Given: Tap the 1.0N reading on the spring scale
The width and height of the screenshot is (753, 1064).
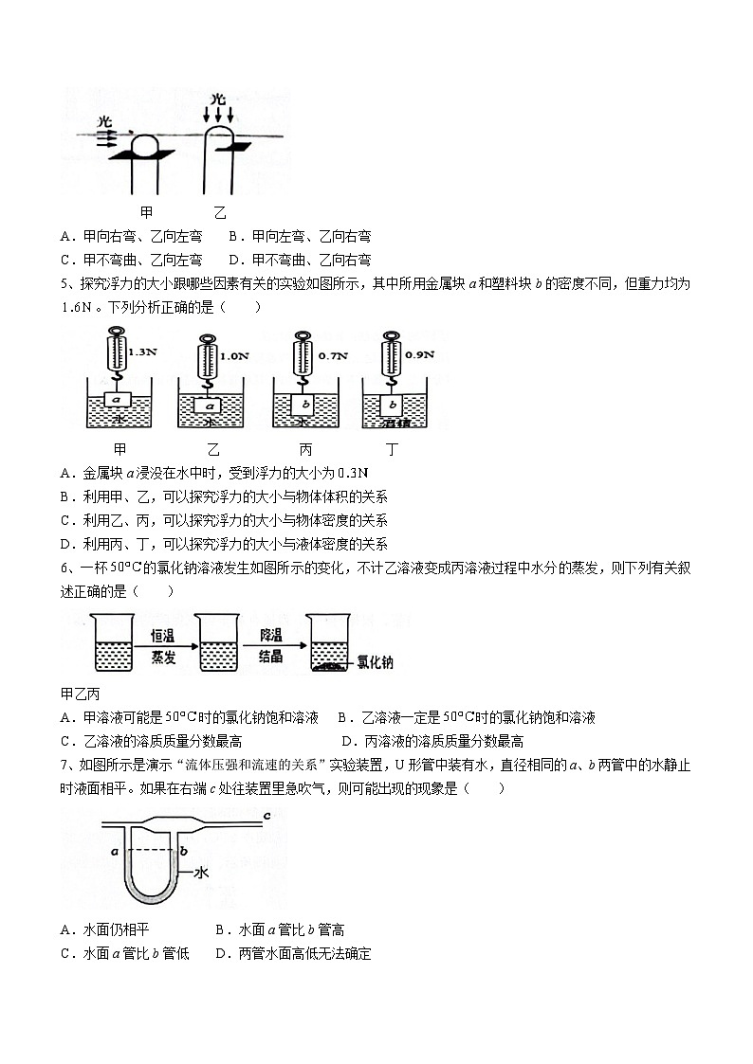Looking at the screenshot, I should [234, 357].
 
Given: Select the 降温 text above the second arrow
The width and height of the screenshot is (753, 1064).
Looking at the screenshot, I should [270, 635].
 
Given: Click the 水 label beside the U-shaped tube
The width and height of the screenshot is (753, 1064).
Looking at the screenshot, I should [200, 874].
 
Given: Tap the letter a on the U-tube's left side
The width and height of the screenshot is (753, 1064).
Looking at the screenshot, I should [114, 852].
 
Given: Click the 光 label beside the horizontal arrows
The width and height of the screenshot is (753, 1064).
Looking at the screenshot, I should [104, 123].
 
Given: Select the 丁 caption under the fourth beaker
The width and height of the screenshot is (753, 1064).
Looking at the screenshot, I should [392, 449].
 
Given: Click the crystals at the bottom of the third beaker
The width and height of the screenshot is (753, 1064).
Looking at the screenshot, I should [327, 667].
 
